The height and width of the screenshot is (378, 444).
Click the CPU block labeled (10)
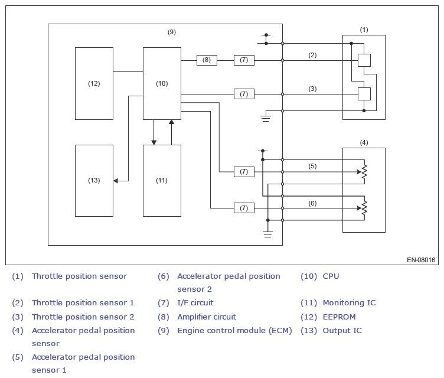pos(162,84)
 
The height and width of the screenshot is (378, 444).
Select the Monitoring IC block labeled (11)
pos(162,181)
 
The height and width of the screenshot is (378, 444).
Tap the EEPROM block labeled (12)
pos(94,84)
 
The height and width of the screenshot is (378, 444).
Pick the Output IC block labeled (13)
pos(94,181)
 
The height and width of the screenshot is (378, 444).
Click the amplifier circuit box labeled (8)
pos(207,60)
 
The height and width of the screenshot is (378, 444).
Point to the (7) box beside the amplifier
pos(244,60)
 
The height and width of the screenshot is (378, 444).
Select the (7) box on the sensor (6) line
pos(244,208)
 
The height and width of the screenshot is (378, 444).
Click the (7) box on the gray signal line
pos(244,172)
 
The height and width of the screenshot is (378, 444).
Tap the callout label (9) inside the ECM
pos(172,32)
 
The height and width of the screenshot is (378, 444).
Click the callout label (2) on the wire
pos(312,55)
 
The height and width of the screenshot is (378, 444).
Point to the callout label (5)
pos(312,166)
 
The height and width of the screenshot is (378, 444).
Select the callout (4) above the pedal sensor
pos(364,142)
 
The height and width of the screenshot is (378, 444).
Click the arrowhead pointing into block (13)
pos(116,181)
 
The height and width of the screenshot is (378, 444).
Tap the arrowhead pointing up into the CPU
pos(171,122)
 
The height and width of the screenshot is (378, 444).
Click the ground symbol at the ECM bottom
pos(267,234)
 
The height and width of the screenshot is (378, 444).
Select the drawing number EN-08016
pos(421,260)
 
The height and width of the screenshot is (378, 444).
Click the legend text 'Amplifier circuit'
pos(207,317)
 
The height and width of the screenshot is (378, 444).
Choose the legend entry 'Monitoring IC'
pos(349,303)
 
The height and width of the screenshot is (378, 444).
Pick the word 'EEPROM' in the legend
pos(339,317)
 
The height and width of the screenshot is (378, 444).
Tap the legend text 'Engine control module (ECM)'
pos(234,331)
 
